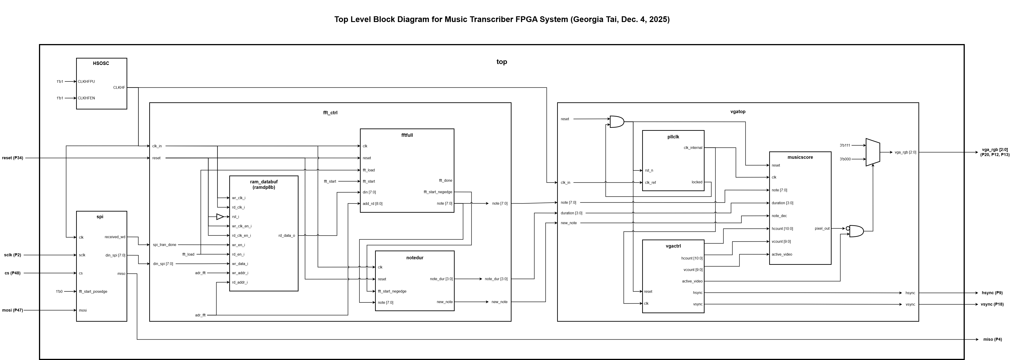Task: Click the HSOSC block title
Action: pyautogui.click(x=101, y=63)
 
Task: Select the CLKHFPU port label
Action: pyautogui.click(x=86, y=82)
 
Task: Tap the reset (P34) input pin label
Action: pyautogui.click(x=13, y=158)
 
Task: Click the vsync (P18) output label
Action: pyautogui.click(x=992, y=304)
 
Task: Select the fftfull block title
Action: pyautogui.click(x=407, y=135)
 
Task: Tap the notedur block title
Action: pyautogui.click(x=415, y=258)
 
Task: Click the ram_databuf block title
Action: pyautogui.click(x=264, y=182)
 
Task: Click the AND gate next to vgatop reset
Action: pyautogui.click(x=616, y=122)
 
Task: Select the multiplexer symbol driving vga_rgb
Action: pyautogui.click(x=873, y=152)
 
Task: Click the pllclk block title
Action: pyautogui.click(x=673, y=137)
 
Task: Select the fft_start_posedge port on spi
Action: pyautogui.click(x=93, y=292)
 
